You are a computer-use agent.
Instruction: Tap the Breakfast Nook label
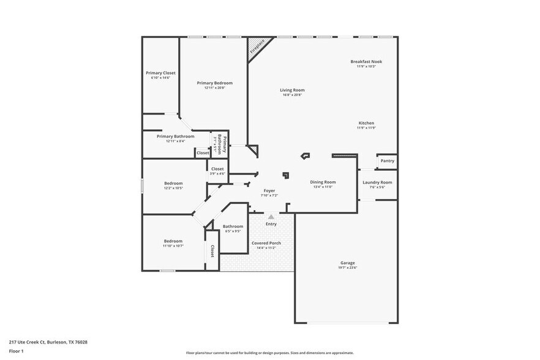tap(366, 61)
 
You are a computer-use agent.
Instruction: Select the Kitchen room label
tap(366, 123)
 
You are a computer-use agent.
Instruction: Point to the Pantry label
tap(387, 161)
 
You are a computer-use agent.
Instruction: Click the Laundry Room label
tap(377, 182)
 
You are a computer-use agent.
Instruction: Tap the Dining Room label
tap(322, 182)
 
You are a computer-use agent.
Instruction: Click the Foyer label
tap(269, 191)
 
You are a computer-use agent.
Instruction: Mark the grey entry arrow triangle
tap(271, 216)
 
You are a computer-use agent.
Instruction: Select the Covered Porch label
tap(266, 243)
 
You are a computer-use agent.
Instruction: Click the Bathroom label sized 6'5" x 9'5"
tap(233, 227)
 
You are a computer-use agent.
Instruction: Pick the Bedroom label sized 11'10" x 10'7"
tap(173, 241)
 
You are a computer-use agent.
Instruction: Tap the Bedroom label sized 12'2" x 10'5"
tap(173, 184)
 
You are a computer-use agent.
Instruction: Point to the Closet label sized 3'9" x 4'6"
tap(217, 169)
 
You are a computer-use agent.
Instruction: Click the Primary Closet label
tap(160, 73)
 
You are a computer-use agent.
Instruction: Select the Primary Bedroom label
tap(214, 83)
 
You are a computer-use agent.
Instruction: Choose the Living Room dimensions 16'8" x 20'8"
tap(293, 95)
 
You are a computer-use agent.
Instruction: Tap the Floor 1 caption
tap(16, 351)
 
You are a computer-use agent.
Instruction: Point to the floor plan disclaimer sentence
tap(269, 353)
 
